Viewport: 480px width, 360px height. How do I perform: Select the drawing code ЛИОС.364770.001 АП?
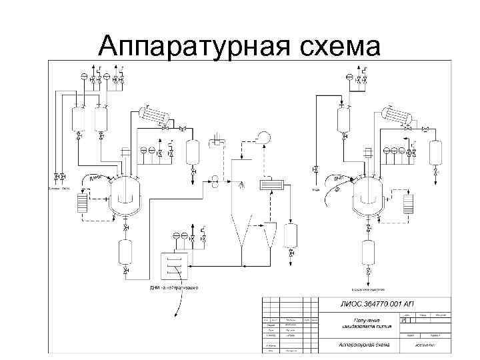(x=377, y=305)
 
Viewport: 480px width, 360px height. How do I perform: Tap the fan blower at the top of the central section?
(x=261, y=137)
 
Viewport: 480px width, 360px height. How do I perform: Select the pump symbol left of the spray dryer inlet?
(x=215, y=179)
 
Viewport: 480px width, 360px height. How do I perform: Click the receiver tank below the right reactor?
(x=369, y=255)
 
